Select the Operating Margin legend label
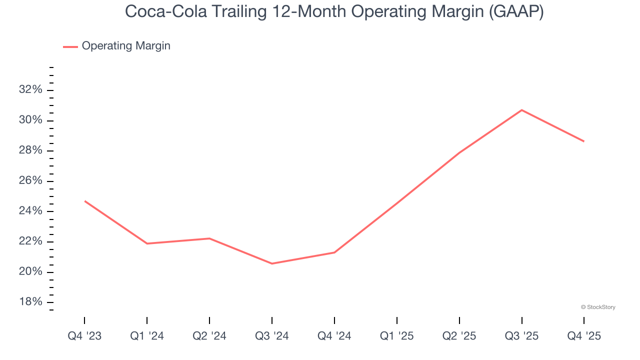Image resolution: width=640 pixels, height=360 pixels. pyautogui.click(x=126, y=46)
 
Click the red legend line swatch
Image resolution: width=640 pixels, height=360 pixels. pyautogui.click(x=70, y=46)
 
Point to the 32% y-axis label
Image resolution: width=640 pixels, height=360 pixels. pyautogui.click(x=30, y=90)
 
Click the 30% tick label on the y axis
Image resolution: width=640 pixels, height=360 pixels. pyautogui.click(x=30, y=120)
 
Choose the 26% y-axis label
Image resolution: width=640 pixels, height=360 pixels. pyautogui.click(x=30, y=181)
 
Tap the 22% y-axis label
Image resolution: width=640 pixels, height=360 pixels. pyautogui.click(x=30, y=241)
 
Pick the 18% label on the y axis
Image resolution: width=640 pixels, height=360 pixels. pyautogui.click(x=30, y=302)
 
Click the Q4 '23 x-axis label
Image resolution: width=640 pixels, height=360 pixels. pyautogui.click(x=84, y=336)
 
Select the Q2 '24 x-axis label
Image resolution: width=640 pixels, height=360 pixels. pyautogui.click(x=209, y=336)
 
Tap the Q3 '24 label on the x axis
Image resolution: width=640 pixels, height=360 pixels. pyautogui.click(x=272, y=336)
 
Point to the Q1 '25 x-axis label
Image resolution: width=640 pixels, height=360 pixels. pyautogui.click(x=397, y=336)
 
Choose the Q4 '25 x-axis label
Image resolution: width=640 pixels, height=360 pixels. pyautogui.click(x=584, y=336)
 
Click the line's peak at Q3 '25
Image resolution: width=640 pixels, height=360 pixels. pyautogui.click(x=521, y=110)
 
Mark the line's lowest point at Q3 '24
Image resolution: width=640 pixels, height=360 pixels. pyautogui.click(x=272, y=263)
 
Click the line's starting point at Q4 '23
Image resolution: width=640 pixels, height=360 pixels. pyautogui.click(x=85, y=201)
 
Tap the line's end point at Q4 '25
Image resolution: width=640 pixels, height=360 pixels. pyautogui.click(x=583, y=141)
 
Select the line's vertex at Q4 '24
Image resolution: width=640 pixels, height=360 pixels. pyautogui.click(x=334, y=252)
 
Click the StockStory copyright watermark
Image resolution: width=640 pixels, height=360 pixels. pyautogui.click(x=598, y=307)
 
